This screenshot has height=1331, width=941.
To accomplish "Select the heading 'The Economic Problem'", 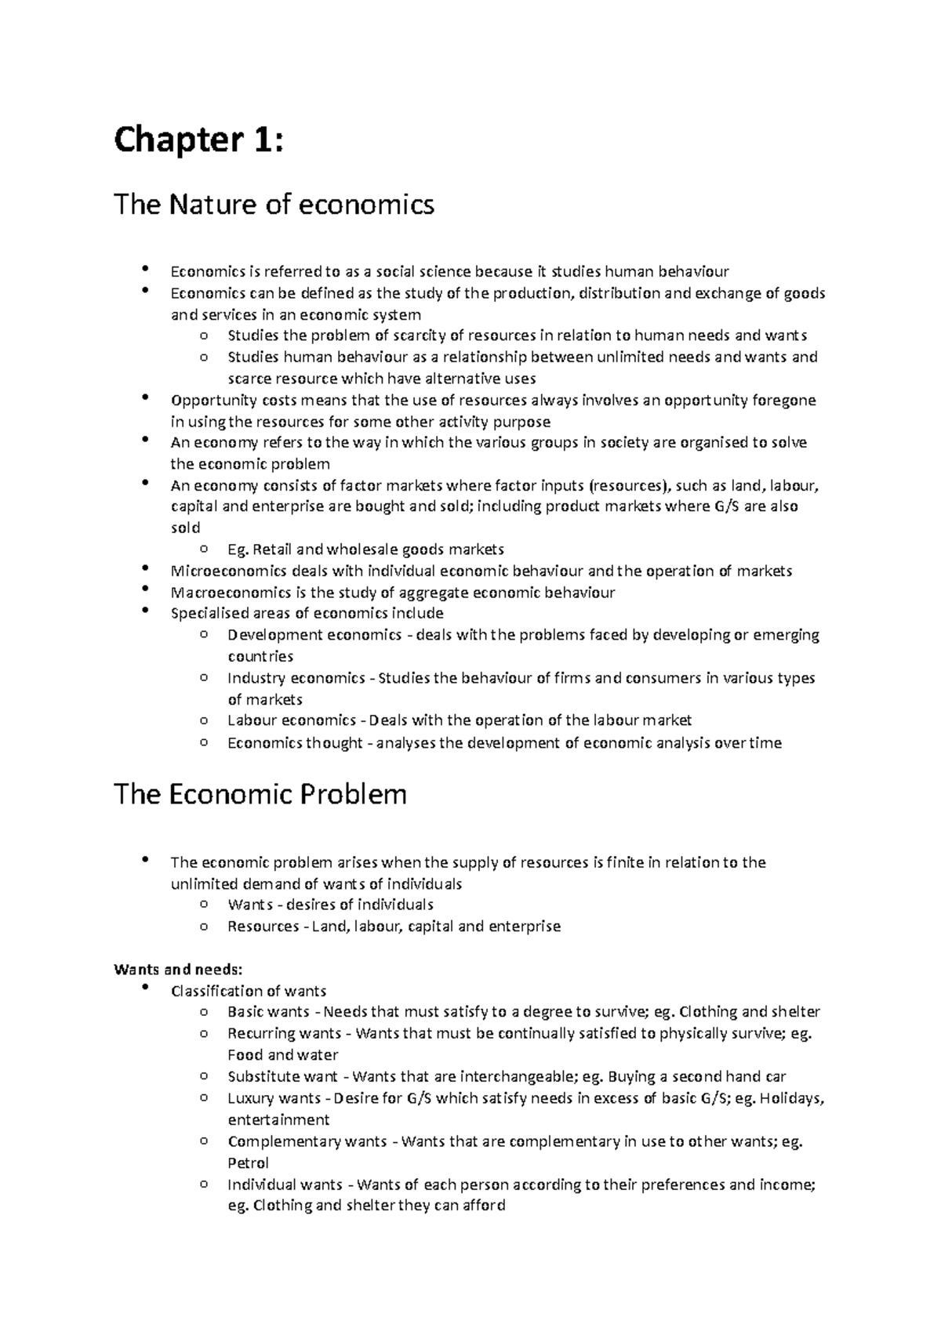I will click(x=260, y=794).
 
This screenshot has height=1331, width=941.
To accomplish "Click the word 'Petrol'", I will click(x=248, y=1163).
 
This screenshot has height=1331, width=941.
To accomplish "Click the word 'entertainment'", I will click(x=278, y=1119).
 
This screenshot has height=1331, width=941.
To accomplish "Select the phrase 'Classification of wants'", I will click(x=248, y=991).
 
